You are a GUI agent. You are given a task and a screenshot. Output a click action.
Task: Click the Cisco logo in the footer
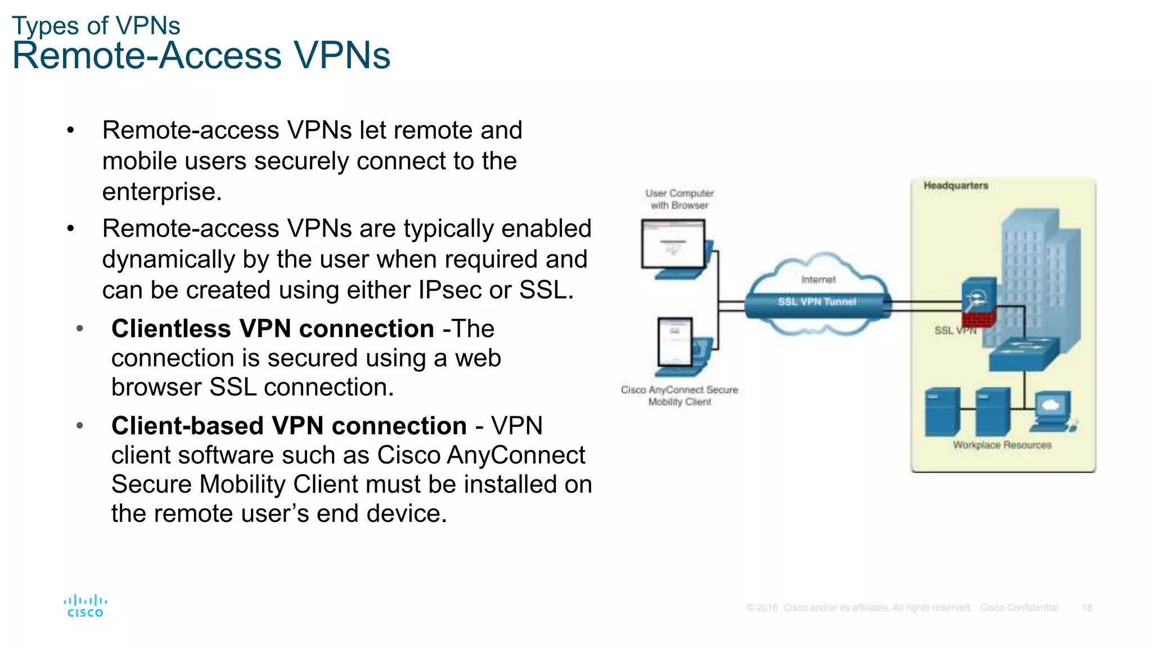(85, 606)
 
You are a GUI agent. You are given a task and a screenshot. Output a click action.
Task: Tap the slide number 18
(1087, 608)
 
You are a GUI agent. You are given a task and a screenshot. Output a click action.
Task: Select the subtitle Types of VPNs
(96, 26)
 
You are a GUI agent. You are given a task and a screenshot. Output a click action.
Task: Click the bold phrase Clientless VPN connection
(272, 328)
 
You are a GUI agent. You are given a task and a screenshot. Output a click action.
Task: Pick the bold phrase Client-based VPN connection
(289, 426)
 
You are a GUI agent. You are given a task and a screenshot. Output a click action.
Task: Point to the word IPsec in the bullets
(450, 290)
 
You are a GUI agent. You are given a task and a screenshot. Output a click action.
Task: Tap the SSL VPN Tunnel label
(817, 302)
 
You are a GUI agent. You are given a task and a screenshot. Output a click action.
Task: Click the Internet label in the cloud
(818, 280)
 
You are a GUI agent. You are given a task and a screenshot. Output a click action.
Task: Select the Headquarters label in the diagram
(956, 186)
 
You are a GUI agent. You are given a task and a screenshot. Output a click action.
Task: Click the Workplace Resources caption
(1002, 445)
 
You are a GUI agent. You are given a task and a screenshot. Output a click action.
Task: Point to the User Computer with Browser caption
(679, 199)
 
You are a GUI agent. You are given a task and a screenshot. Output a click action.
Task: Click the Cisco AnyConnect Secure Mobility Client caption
(679, 395)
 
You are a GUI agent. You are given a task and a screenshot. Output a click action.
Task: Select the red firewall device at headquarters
(979, 304)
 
